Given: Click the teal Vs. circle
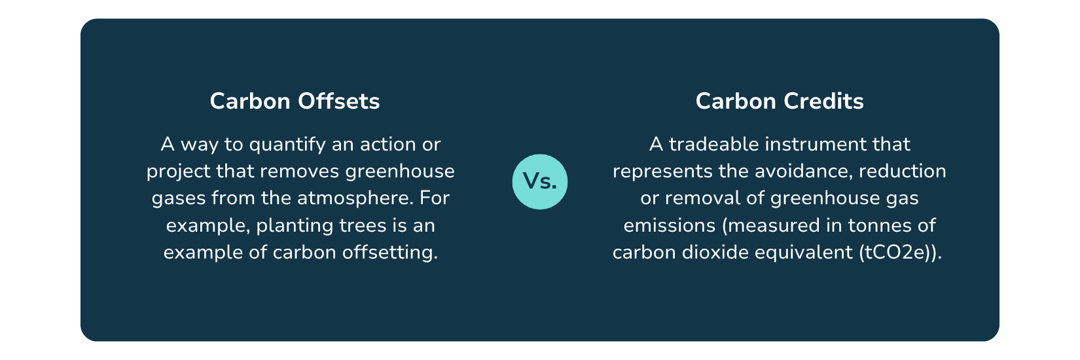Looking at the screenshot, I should [x=540, y=182].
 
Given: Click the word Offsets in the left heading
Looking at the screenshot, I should [x=338, y=101].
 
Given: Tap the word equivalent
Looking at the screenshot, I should [x=803, y=253].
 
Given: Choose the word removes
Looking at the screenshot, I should [x=298, y=171].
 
